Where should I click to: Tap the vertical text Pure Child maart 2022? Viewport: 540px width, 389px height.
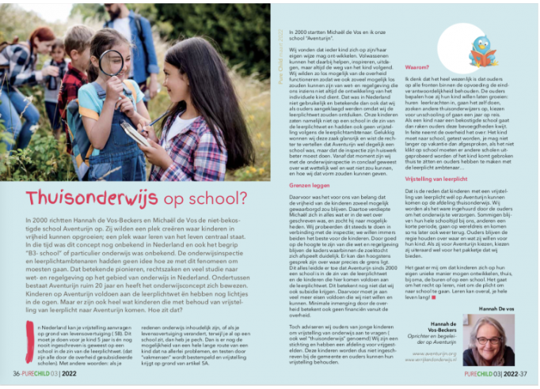pyautogui.click(x=281, y=44)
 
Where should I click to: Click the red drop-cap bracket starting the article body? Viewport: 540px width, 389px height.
pyautogui.click(x=30, y=333)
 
